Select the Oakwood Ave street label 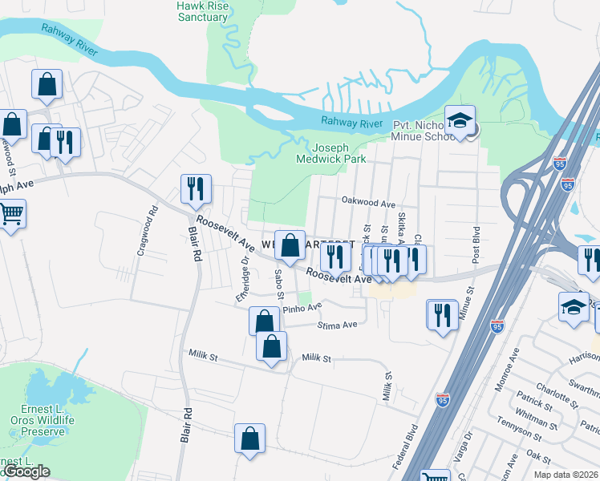(x=368, y=204)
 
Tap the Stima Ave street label (x=338, y=325)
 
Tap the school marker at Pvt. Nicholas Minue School (x=460, y=122)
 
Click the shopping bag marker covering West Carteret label (x=290, y=246)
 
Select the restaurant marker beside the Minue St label (x=442, y=315)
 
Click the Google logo (x=26, y=471)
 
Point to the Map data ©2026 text (x=565, y=475)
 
